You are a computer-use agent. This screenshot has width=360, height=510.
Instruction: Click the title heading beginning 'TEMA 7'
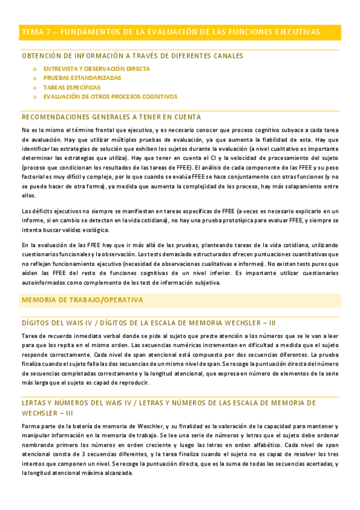(x=170, y=31)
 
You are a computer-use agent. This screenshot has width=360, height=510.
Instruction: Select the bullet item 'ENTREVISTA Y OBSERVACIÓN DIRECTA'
(x=96, y=69)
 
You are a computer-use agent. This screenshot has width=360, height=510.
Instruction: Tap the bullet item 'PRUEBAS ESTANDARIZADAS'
(x=82, y=78)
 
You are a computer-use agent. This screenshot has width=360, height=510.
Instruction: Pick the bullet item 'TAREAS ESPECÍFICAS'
(x=72, y=87)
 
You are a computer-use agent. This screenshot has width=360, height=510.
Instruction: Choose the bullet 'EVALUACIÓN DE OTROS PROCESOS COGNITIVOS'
(x=110, y=96)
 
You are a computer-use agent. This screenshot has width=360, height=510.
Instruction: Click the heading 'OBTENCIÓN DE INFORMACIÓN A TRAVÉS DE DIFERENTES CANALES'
(x=132, y=56)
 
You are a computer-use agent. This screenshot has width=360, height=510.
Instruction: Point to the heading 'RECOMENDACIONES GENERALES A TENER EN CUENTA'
(x=111, y=117)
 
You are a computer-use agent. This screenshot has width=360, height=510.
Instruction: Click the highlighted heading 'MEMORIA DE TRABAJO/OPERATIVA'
(x=82, y=300)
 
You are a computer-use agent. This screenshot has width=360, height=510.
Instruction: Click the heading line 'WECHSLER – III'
(x=47, y=413)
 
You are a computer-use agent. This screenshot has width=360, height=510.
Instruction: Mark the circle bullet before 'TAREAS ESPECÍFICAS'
(x=35, y=87)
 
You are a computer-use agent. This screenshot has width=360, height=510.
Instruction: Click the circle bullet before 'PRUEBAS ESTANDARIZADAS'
(x=35, y=78)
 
